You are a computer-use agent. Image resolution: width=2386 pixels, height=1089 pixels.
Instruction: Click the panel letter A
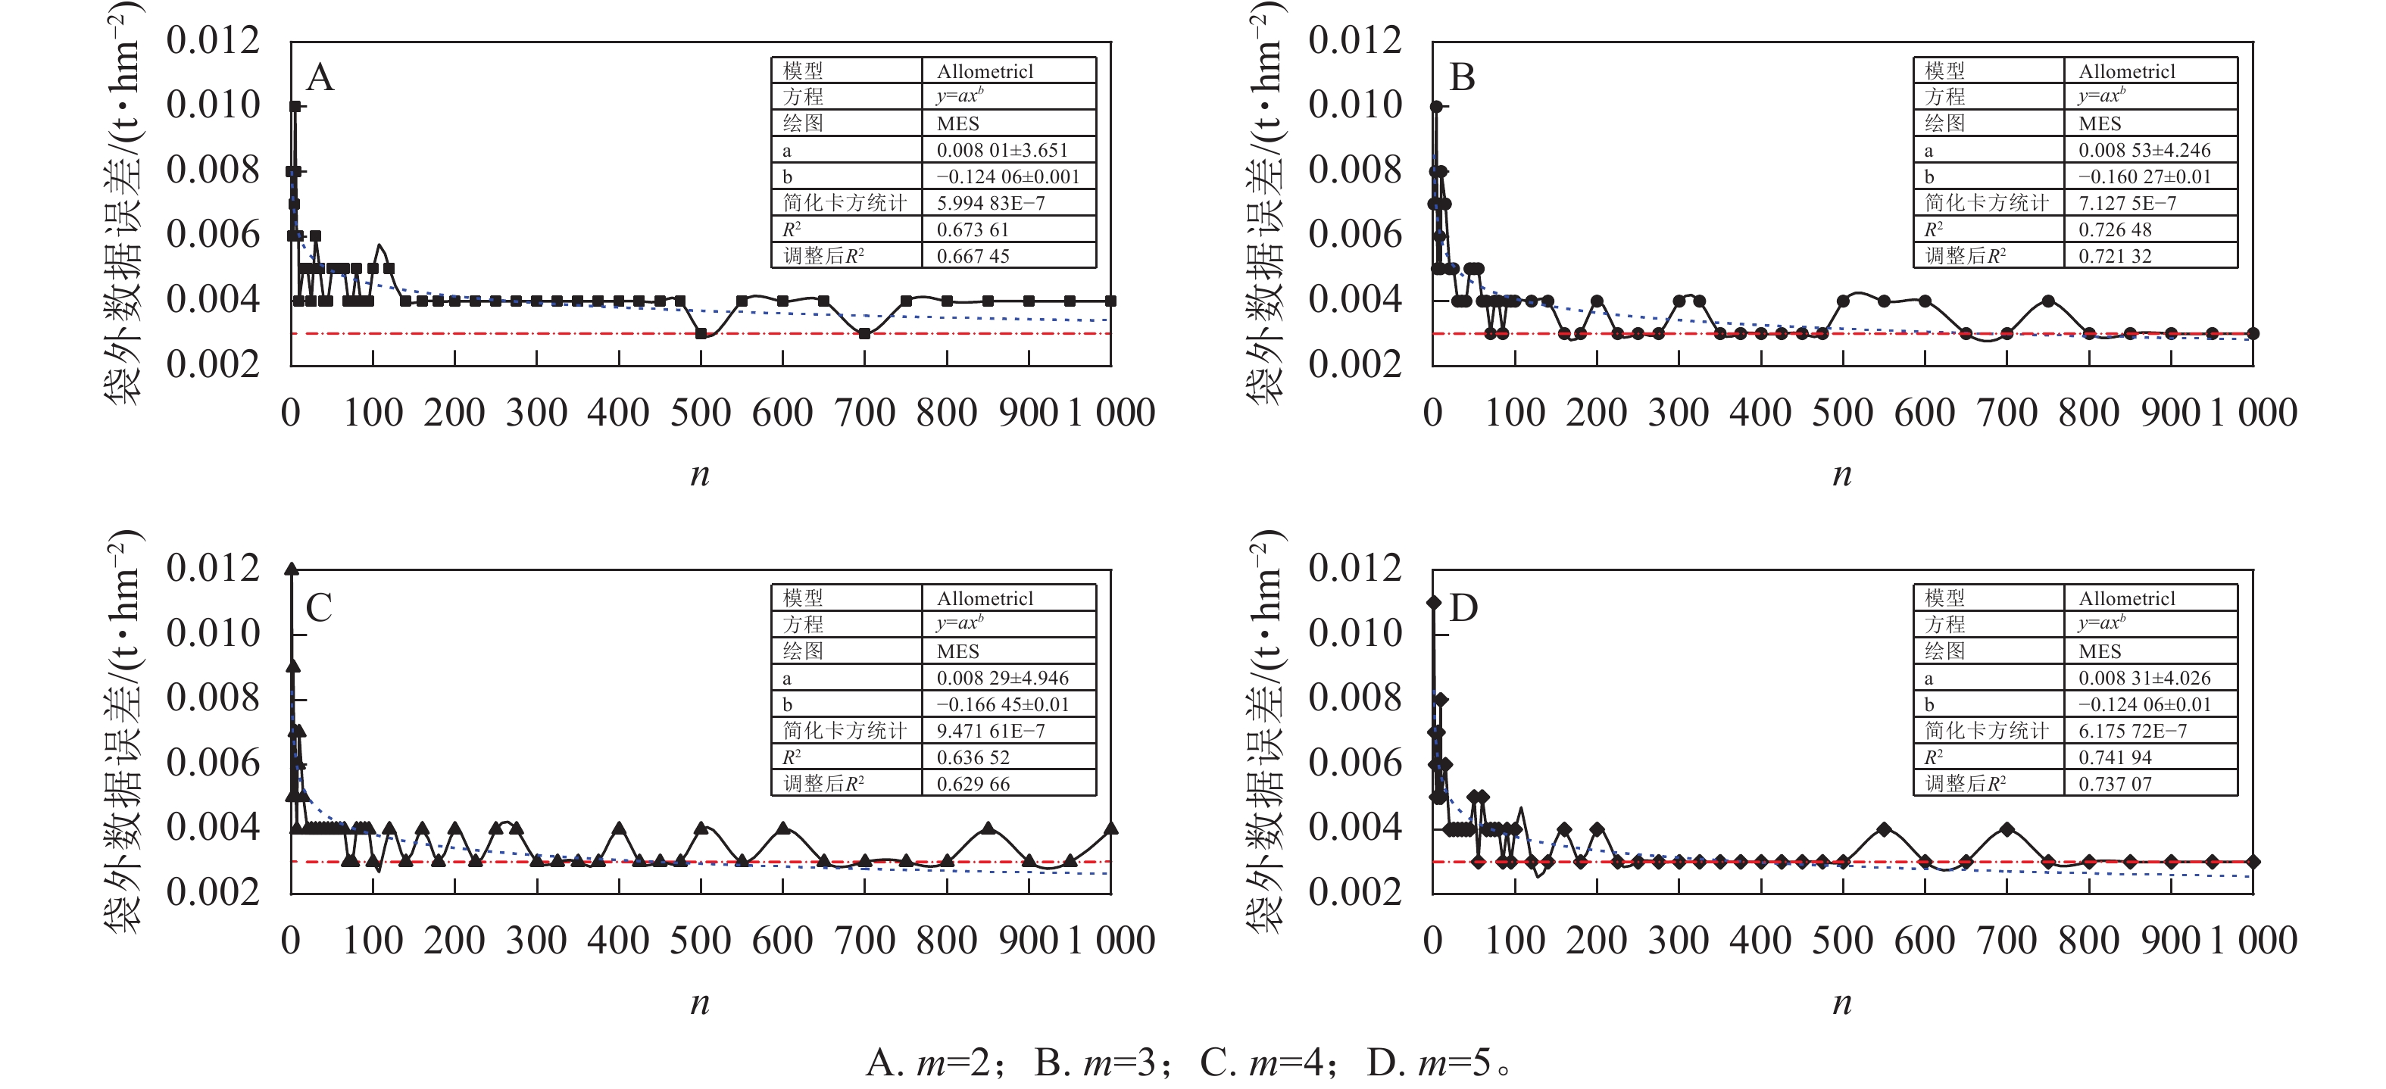tap(320, 76)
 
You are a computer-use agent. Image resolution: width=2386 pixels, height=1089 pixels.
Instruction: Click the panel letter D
tap(1463, 608)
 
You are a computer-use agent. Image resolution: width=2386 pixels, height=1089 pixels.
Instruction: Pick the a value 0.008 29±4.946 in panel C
tap(1002, 678)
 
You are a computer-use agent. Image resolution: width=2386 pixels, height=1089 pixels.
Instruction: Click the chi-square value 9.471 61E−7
tap(990, 732)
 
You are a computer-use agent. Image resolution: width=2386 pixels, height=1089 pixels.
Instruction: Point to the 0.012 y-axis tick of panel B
tap(1354, 41)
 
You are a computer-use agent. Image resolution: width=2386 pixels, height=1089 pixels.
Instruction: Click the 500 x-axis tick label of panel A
tap(700, 413)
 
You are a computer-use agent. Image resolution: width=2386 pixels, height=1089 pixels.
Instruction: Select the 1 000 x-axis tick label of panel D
tap(2253, 941)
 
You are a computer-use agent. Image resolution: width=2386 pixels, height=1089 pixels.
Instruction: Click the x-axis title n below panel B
tap(1842, 474)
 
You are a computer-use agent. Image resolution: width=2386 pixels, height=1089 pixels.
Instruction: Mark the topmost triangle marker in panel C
tap(292, 569)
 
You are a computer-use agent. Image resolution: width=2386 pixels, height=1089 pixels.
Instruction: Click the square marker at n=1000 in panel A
tap(1110, 301)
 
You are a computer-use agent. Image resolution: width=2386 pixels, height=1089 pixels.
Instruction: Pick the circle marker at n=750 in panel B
tap(2048, 301)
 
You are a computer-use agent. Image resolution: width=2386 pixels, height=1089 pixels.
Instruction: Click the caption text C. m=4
tap(1267, 1063)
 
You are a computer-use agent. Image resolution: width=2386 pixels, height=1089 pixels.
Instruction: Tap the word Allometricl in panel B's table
tap(2127, 71)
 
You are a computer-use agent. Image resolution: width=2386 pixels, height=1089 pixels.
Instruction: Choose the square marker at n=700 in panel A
tap(864, 333)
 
